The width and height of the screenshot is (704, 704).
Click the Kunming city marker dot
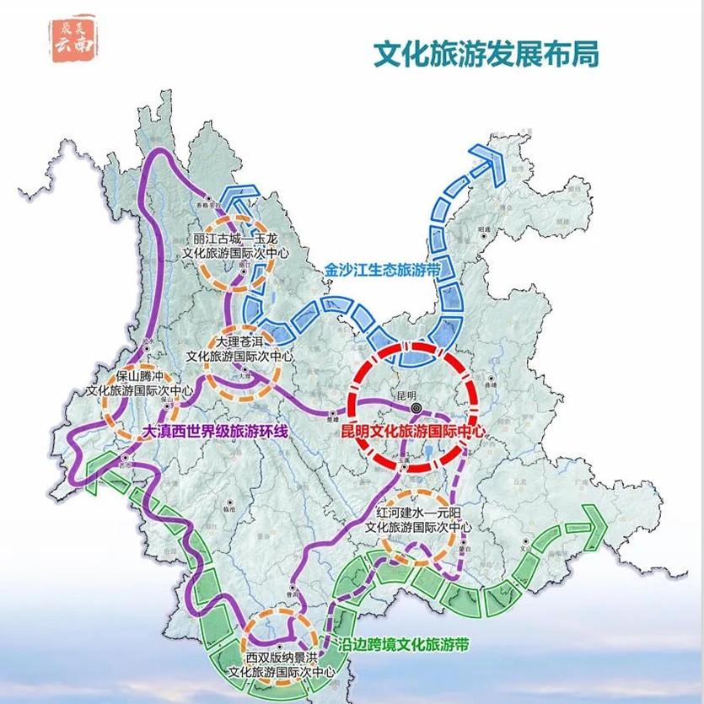pyautogui.click(x=415, y=409)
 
